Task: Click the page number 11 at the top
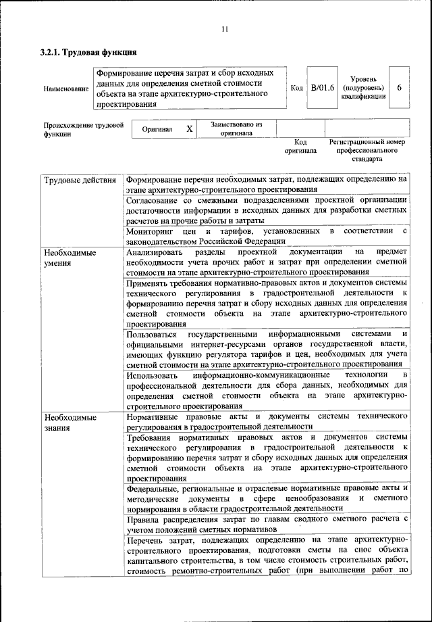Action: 225,28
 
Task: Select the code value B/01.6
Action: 322,88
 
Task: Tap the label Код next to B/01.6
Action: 297,88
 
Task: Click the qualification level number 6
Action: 400,88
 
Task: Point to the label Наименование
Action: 65,89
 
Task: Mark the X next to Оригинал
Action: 190,128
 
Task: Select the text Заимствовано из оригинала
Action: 236,128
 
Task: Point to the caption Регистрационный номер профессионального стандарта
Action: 367,150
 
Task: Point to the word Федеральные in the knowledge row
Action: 155,487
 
